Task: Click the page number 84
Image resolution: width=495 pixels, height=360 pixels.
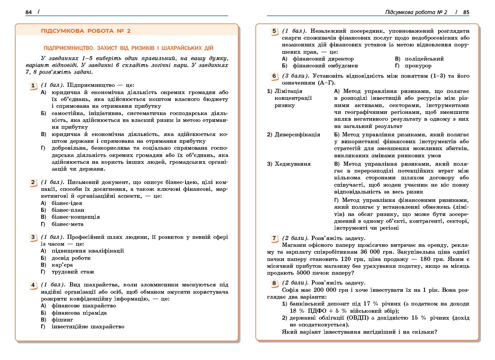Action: point(29,12)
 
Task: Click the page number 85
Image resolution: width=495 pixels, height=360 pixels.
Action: point(466,12)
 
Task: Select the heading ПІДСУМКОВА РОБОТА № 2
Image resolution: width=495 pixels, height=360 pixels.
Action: point(86,31)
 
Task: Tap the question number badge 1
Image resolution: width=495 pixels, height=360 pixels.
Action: point(33,85)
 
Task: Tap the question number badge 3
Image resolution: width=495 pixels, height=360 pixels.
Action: point(33,237)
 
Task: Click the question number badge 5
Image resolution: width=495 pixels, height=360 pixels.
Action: point(274,31)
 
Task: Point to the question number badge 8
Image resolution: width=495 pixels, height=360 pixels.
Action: point(274,283)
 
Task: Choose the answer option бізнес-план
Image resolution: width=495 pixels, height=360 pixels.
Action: point(68,210)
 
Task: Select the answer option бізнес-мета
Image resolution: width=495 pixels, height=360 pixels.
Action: point(67,224)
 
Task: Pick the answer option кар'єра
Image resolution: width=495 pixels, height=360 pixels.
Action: point(62,265)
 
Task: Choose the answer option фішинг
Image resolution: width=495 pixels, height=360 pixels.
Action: point(62,320)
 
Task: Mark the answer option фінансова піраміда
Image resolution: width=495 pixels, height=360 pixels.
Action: point(79,313)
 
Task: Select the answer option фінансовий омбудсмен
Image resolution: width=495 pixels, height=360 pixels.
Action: point(325,66)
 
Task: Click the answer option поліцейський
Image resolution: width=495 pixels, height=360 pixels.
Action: point(424,59)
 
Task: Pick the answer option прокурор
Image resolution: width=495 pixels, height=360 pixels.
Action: point(418,66)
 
